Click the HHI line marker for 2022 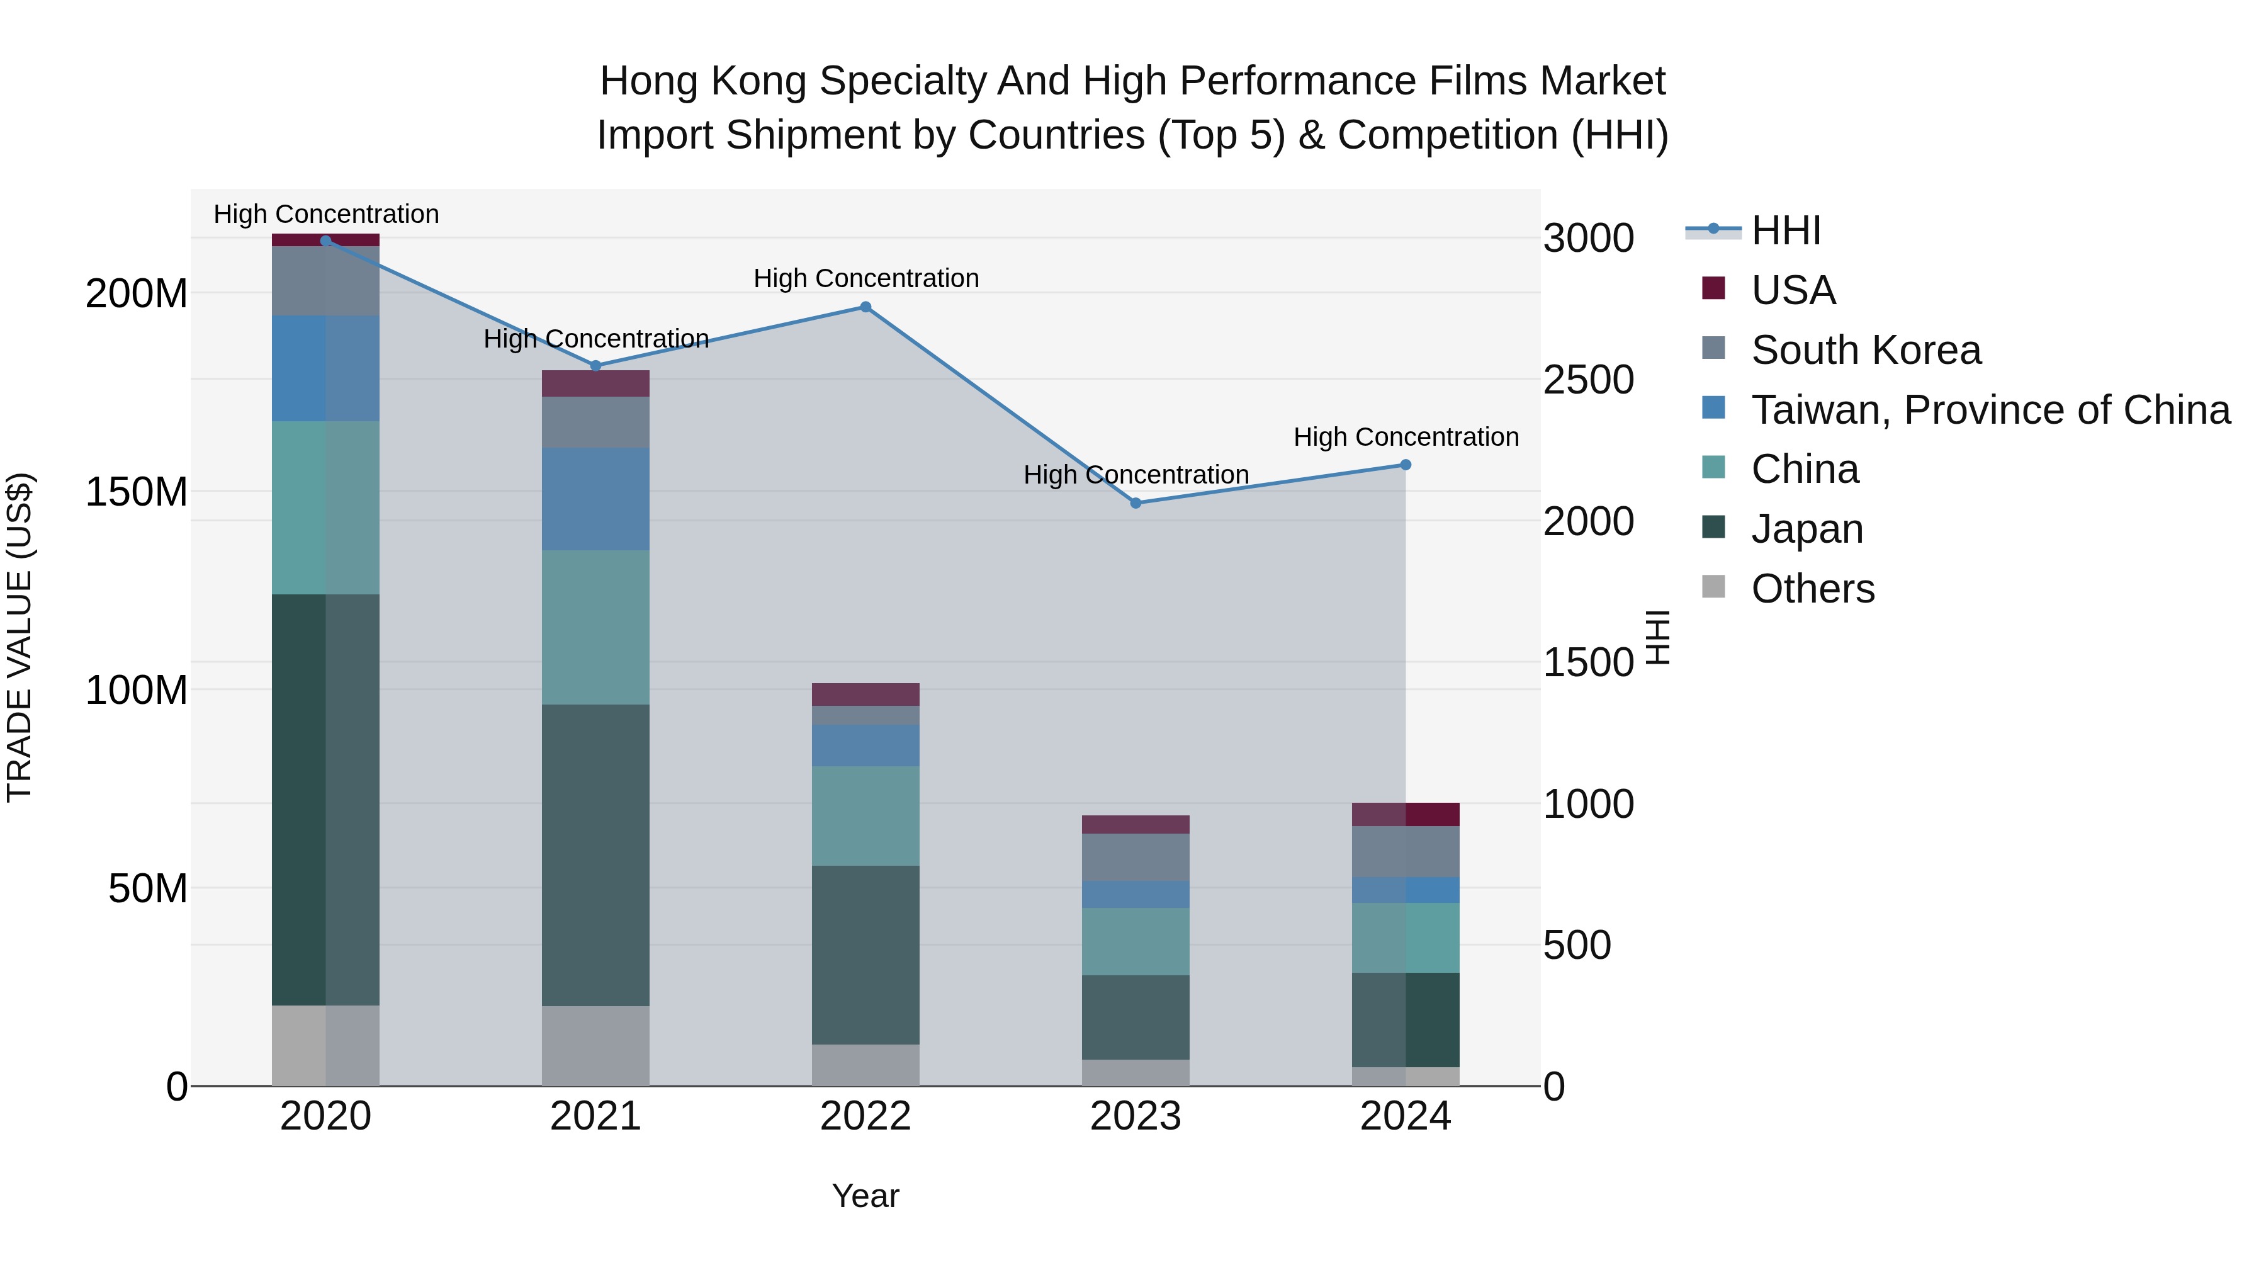(x=865, y=307)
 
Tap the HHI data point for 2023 (x=1135, y=503)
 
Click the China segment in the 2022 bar (x=865, y=815)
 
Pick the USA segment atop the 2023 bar (x=1135, y=824)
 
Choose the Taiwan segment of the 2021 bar (x=595, y=499)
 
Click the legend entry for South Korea (x=1865, y=350)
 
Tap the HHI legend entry (x=1785, y=230)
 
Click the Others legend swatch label (x=1812, y=589)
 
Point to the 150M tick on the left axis (x=137, y=491)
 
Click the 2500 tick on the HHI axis (x=1588, y=380)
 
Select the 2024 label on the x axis (x=1405, y=1116)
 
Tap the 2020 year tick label (x=325, y=1116)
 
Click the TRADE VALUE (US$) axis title (x=20, y=637)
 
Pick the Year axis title (x=865, y=1196)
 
